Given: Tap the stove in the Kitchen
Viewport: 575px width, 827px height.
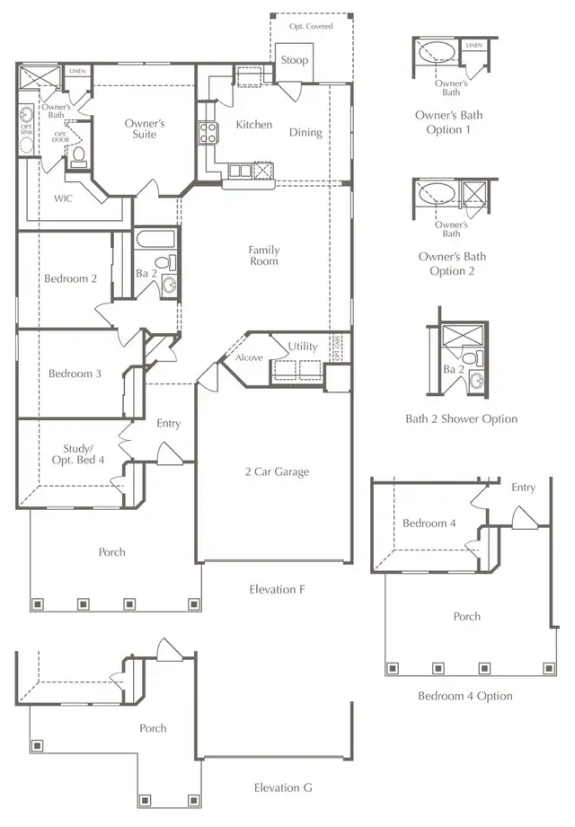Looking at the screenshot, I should click(208, 133).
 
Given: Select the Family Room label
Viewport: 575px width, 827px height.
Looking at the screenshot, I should click(264, 256).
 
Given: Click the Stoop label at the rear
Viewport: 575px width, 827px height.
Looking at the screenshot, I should click(294, 60).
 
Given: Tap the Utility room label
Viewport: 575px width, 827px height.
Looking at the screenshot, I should click(303, 347).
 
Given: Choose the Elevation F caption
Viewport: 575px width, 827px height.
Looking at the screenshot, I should click(277, 590).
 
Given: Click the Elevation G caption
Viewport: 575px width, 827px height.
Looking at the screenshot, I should click(282, 787).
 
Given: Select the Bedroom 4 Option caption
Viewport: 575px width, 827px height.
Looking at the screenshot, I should click(464, 696).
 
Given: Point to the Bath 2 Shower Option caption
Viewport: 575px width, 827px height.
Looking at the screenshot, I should click(461, 418).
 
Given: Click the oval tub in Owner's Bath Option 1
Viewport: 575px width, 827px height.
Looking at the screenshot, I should click(436, 50).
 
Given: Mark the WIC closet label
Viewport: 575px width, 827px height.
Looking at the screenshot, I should click(63, 198).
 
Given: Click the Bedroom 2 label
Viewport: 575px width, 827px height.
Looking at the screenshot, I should click(70, 278).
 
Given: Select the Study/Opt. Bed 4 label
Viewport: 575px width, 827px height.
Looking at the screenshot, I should click(84, 454).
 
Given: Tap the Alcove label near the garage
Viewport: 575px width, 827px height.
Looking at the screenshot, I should click(249, 357).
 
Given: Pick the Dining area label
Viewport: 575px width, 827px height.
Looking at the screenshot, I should click(305, 133).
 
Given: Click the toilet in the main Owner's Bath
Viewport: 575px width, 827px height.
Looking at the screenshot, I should click(78, 158).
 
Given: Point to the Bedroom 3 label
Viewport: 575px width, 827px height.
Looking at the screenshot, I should click(75, 374).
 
